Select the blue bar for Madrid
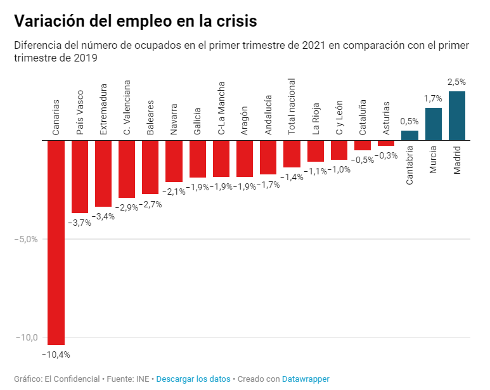(x=457, y=115)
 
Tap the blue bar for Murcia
(x=434, y=124)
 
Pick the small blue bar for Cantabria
(x=409, y=135)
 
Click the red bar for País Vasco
(x=80, y=176)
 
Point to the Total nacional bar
(x=292, y=153)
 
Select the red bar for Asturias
(x=386, y=143)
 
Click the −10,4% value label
(x=56, y=354)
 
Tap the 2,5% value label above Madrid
(x=456, y=82)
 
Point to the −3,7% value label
(x=79, y=223)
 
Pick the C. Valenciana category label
(x=127, y=107)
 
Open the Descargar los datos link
(x=193, y=379)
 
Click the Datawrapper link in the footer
(x=306, y=379)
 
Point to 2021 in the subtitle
(x=314, y=46)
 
